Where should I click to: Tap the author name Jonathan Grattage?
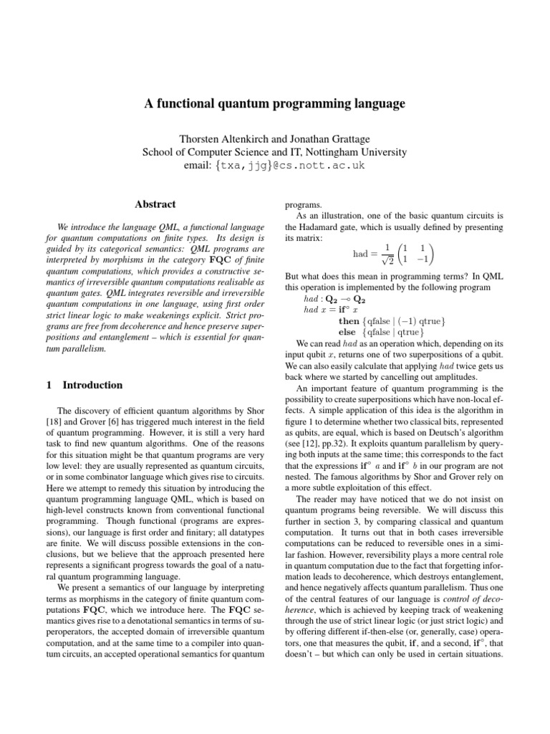coord(332,138)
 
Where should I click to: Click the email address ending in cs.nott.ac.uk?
coord(275,166)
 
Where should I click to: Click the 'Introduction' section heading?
coord(92,385)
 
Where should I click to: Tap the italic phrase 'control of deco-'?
coord(466,608)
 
